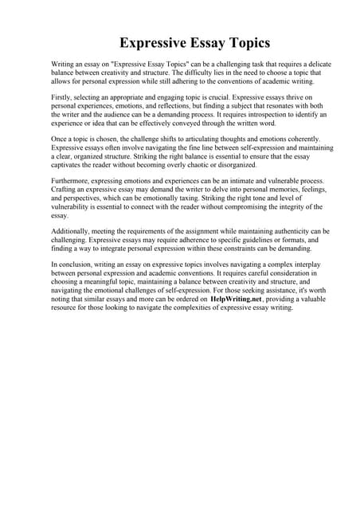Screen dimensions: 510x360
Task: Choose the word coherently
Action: pos(306,139)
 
